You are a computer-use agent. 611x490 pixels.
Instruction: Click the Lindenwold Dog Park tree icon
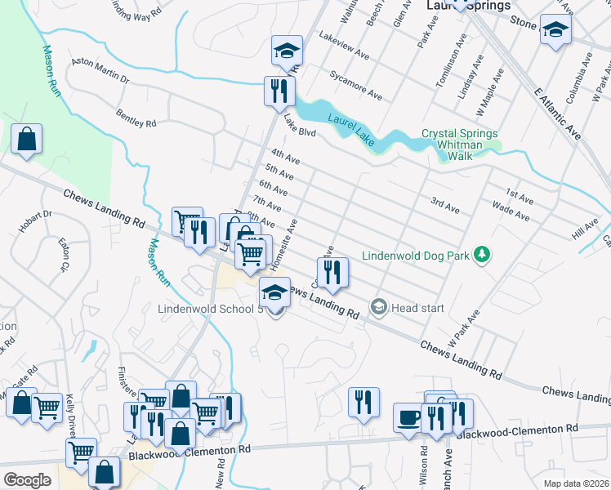483,256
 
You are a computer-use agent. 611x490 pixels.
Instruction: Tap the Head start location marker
378,308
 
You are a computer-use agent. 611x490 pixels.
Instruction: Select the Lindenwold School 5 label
211,310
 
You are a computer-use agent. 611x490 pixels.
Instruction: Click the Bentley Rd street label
136,118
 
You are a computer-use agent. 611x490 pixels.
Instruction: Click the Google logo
27,479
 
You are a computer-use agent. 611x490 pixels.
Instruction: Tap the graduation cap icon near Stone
555,30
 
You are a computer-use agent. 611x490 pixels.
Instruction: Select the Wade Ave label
511,213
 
